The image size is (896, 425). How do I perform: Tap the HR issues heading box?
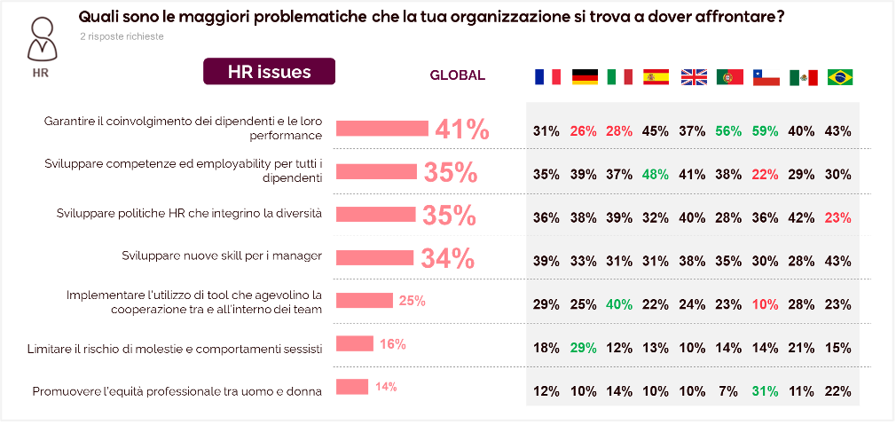click(x=269, y=72)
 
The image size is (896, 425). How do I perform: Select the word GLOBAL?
click(x=457, y=75)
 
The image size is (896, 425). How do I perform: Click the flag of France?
click(x=547, y=77)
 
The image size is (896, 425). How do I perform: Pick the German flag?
click(x=585, y=77)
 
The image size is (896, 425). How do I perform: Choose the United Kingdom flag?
click(x=693, y=77)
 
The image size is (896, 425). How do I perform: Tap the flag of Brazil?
click(x=839, y=77)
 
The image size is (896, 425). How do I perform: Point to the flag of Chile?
click(x=766, y=77)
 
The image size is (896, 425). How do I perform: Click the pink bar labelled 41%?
click(x=382, y=128)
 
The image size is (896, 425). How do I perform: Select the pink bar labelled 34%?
click(x=375, y=257)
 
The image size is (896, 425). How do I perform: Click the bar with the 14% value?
click(x=352, y=387)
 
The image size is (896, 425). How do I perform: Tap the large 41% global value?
click(x=461, y=130)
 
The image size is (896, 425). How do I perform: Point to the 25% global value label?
click(x=413, y=301)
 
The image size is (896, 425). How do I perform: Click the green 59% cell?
click(x=766, y=131)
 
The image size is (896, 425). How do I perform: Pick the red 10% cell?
click(x=766, y=304)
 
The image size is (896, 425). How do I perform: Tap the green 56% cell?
click(x=729, y=131)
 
